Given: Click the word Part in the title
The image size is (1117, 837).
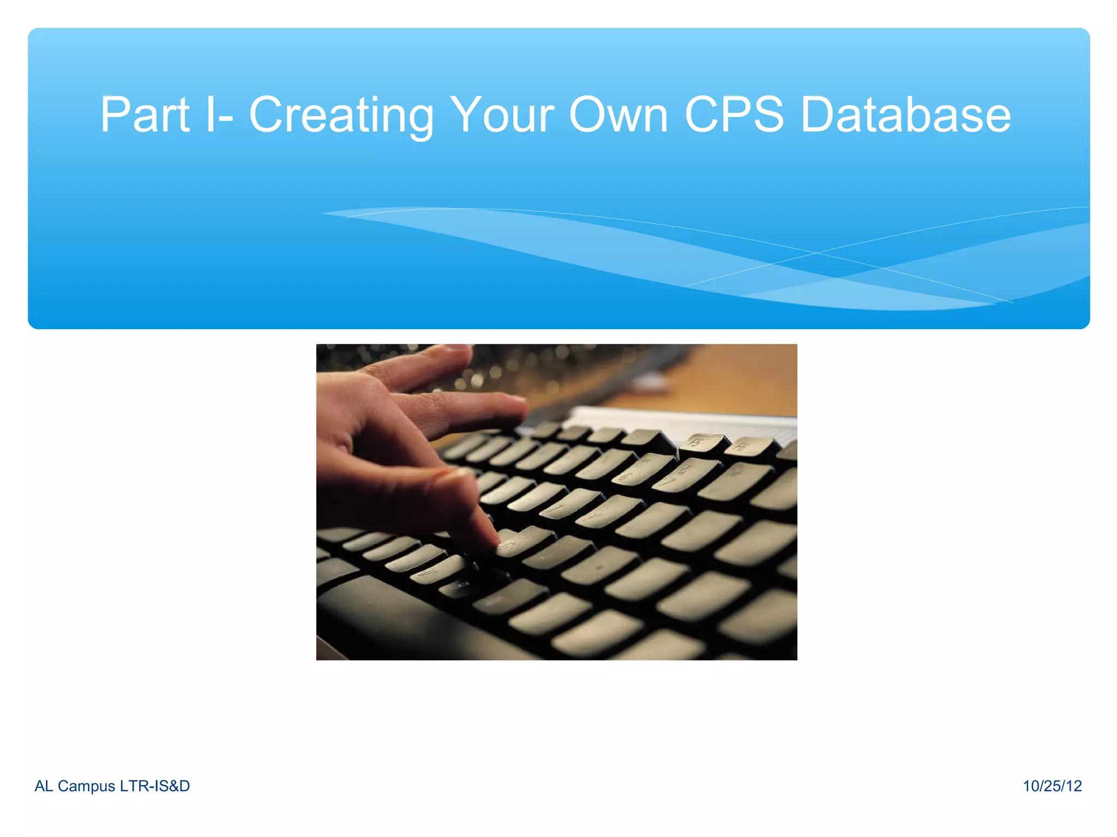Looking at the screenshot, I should [145, 115].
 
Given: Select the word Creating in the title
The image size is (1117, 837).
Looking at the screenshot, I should [341, 115].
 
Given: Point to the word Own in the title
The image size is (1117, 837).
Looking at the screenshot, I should [618, 115].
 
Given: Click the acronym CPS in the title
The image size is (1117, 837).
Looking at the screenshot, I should [734, 115].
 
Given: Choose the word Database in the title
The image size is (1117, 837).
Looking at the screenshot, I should [905, 115].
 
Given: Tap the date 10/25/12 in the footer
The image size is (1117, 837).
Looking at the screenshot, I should [1052, 786].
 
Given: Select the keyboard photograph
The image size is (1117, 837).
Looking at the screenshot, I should [556, 502].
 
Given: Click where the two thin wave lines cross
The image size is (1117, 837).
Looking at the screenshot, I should [816, 253].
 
